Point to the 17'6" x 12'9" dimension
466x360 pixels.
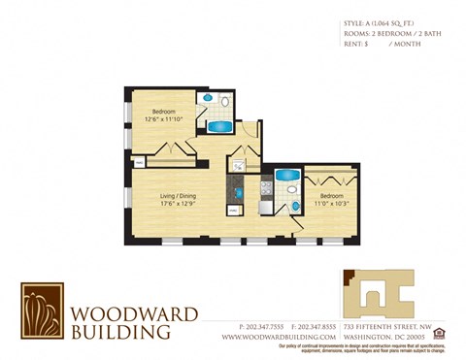pyautogui.click(x=178, y=204)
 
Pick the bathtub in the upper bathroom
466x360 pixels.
pyautogui.click(x=219, y=126)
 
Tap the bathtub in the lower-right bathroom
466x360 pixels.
pyautogui.click(x=286, y=176)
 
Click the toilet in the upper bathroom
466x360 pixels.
pyautogui.click(x=225, y=100)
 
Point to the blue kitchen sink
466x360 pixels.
pyautogui.click(x=235, y=208)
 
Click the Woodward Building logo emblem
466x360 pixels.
pyautogui.click(x=43, y=311)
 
